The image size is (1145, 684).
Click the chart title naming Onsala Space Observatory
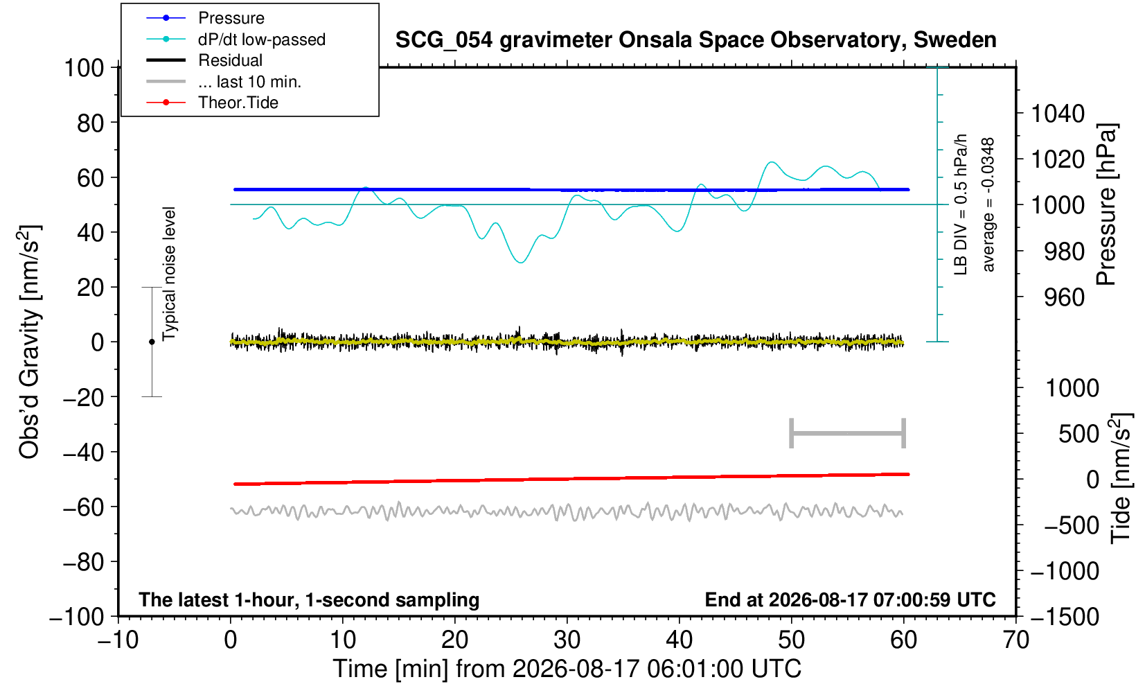tap(695, 40)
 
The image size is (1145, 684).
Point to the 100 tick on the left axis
tap(84, 68)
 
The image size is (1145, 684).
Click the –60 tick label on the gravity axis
tap(83, 507)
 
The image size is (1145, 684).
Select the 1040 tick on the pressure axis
tap(1058, 114)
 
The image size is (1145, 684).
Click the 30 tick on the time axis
tap(567, 640)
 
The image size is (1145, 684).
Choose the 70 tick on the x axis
tap(1015, 640)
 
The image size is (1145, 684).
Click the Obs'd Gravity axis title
tap(29, 342)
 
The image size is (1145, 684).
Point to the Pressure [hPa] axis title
tap(1107, 204)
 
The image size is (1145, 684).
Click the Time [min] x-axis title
tap(567, 669)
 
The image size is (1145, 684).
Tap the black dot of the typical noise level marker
tap(152, 342)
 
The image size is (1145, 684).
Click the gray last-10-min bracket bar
tap(848, 433)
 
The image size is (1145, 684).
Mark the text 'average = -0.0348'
tap(988, 204)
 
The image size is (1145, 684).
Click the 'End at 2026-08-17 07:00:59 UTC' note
tap(850, 599)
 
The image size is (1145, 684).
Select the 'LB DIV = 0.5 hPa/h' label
tap(961, 204)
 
